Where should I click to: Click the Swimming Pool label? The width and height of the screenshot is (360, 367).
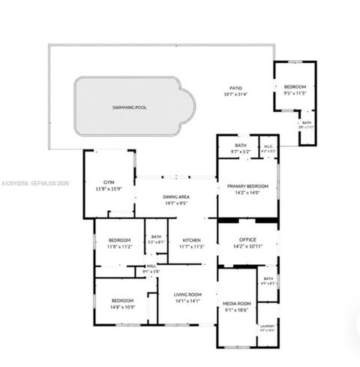tap(130, 107)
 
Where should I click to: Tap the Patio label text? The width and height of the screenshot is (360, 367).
tap(235, 88)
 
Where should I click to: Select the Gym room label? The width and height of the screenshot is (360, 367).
tap(108, 182)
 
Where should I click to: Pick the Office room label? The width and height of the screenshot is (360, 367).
tap(247, 239)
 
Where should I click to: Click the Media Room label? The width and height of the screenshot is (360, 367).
tap(237, 303)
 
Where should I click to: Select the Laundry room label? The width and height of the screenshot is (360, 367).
tap(268, 325)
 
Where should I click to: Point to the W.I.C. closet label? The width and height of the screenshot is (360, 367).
tap(268, 147)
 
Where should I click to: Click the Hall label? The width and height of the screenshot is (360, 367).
tap(151, 266)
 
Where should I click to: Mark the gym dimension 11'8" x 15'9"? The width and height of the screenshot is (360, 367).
tap(108, 189)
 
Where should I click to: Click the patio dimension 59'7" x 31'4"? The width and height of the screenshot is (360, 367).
tap(235, 94)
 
